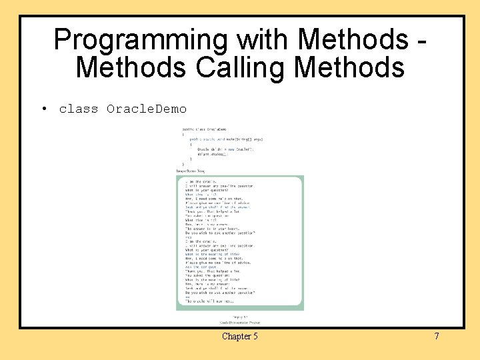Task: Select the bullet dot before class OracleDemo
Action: (x=42, y=109)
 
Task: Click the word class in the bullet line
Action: (x=78, y=109)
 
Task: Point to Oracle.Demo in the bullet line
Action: (x=147, y=109)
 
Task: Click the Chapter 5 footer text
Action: (x=239, y=336)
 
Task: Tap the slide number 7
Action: (x=437, y=336)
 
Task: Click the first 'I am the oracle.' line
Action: (x=200, y=181)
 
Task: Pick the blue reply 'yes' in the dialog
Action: (x=188, y=237)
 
